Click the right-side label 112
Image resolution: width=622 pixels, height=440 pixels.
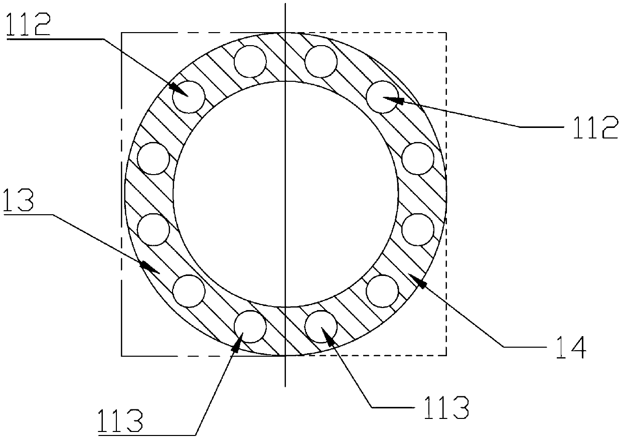pyautogui.click(x=595, y=127)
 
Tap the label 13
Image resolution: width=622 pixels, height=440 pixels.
pyautogui.click(x=19, y=200)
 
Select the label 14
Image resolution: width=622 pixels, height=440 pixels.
pyautogui.click(x=571, y=348)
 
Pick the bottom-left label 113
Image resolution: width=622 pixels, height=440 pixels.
pyautogui.click(x=120, y=421)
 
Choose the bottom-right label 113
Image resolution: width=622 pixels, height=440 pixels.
pyautogui.click(x=446, y=407)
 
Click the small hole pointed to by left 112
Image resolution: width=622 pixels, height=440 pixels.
pyautogui.click(x=189, y=97)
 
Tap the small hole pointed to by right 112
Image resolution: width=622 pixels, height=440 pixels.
pyautogui.click(x=382, y=97)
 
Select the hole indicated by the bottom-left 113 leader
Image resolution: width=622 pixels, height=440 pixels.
pyautogui.click(x=250, y=327)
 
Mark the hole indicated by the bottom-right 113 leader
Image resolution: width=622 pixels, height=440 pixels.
pyautogui.click(x=321, y=327)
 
